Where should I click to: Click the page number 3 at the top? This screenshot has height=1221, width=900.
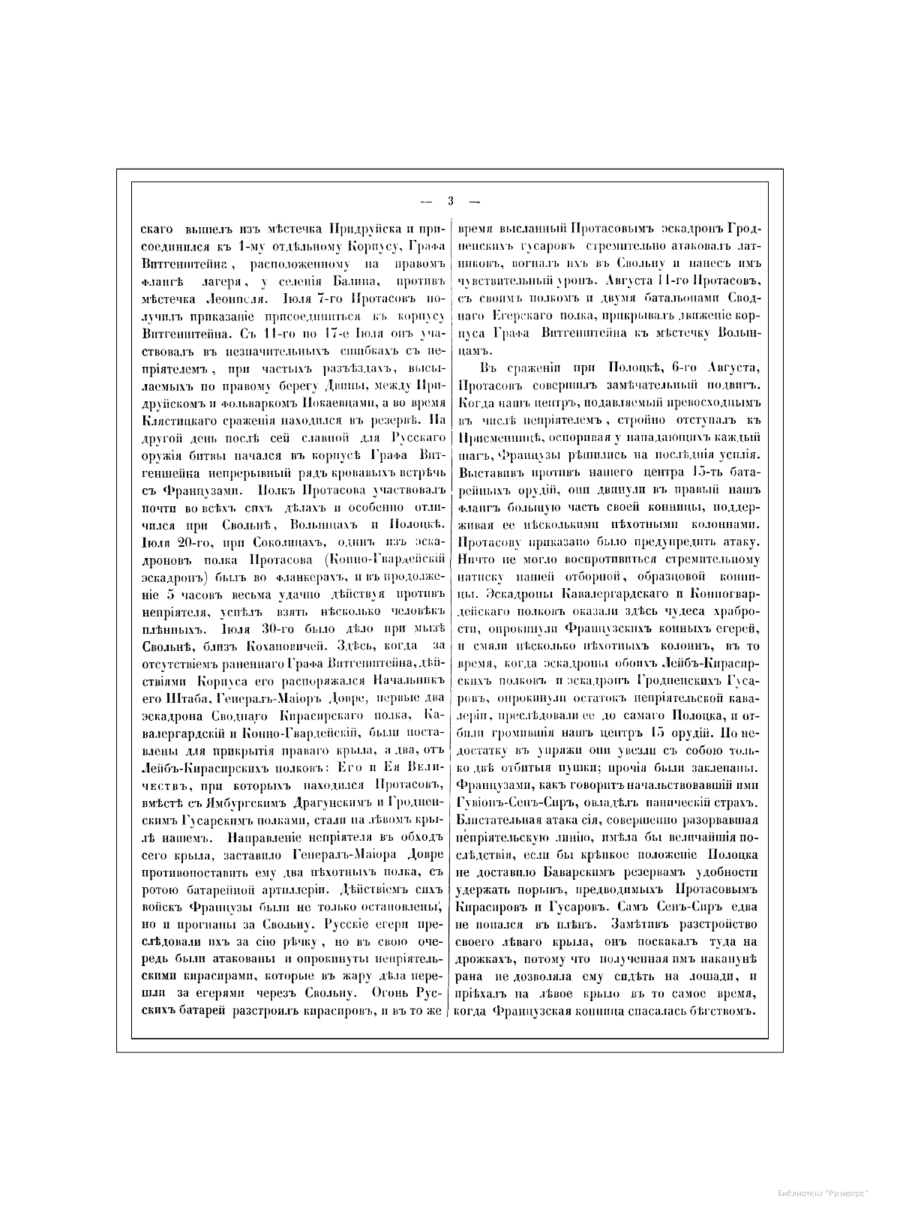[x=450, y=200]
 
